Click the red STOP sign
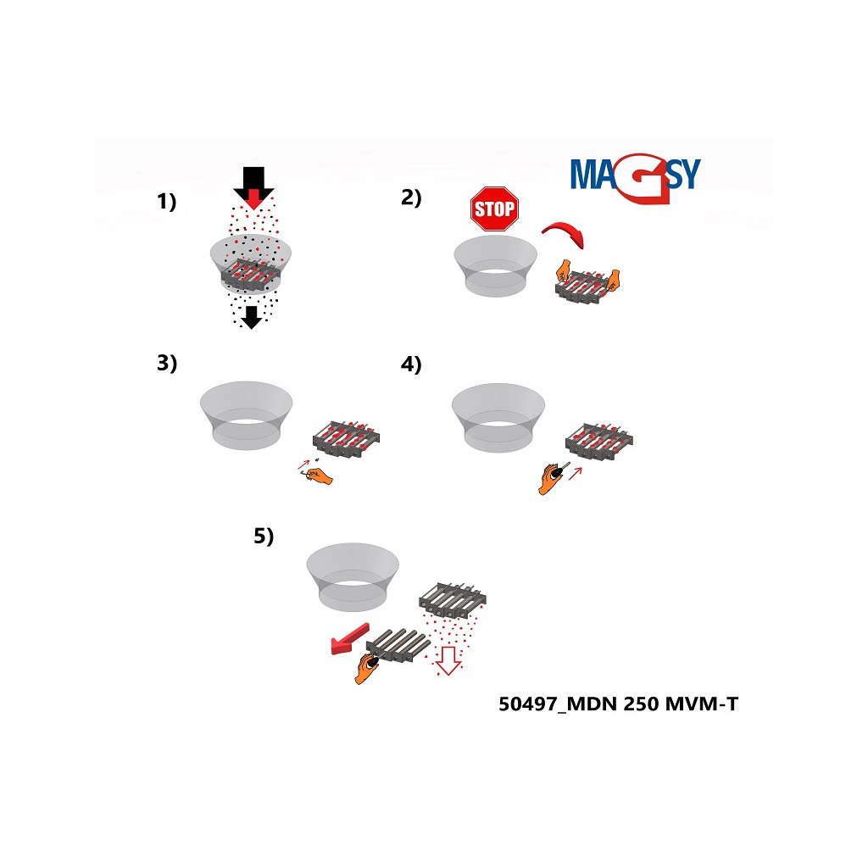coord(494,209)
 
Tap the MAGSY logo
coord(636,177)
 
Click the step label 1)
coord(167,202)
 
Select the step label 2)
coord(411,198)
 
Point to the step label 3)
coord(167,363)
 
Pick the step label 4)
coord(411,364)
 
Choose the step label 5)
coord(264,536)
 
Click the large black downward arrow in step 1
coord(253,187)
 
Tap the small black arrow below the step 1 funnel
coord(252,317)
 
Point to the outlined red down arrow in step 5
coord(448,660)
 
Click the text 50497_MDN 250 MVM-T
coord(618,704)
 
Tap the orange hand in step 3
coord(318,476)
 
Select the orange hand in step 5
coord(366,668)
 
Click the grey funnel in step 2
coord(495,264)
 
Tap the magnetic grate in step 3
coord(346,438)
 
